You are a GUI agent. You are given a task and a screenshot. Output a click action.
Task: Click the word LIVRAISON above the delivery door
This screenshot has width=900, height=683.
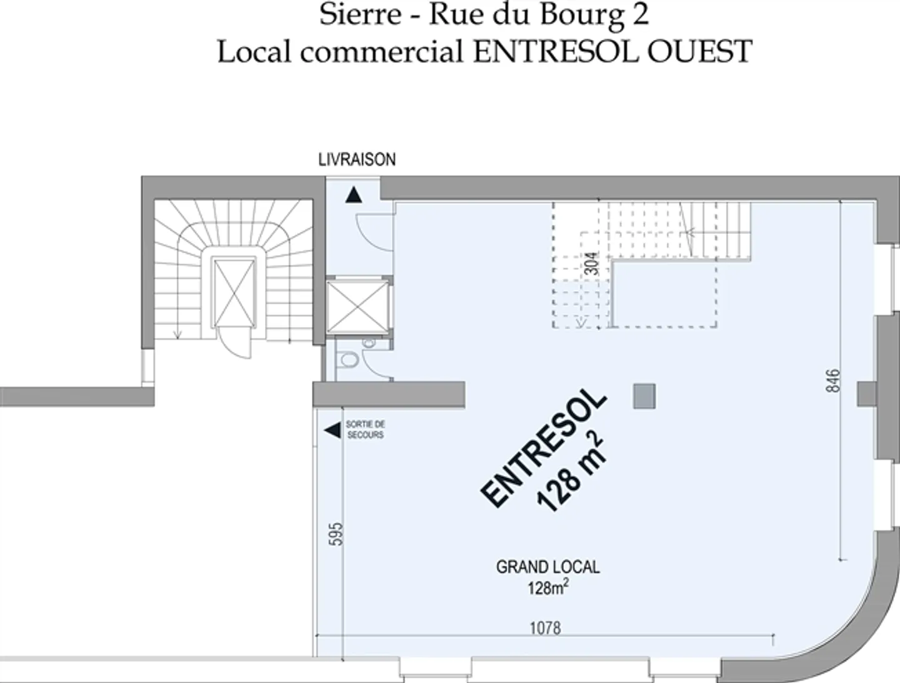357,160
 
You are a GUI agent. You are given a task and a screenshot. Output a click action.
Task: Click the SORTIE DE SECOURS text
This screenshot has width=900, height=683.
366,429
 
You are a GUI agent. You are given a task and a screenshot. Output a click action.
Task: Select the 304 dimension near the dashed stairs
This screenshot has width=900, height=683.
594,263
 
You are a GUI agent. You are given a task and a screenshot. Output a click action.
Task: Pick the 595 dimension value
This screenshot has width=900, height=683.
336,534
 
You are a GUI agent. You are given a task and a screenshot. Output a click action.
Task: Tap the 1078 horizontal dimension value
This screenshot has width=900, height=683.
545,627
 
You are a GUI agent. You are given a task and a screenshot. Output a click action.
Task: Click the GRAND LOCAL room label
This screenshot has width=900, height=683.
547,567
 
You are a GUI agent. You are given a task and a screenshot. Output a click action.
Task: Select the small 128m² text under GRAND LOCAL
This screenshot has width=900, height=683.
547,587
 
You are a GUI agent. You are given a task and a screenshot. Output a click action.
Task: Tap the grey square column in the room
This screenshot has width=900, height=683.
644,396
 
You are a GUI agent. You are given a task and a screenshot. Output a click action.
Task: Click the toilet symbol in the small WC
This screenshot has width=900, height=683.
347,361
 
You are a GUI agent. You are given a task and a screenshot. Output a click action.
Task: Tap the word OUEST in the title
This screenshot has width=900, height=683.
699,51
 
